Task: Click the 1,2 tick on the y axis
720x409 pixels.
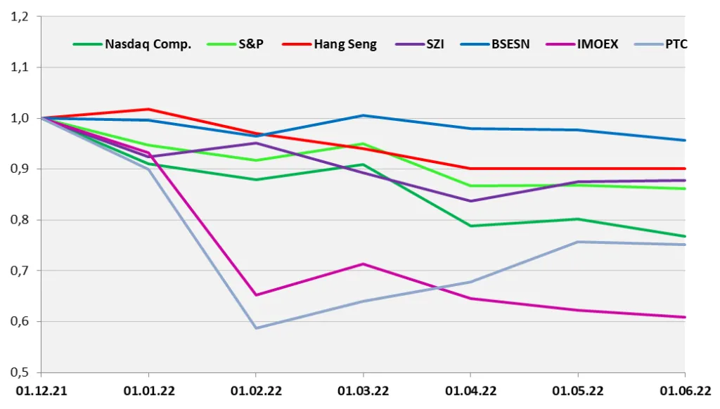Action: point(19,17)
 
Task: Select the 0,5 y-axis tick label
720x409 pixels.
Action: point(19,372)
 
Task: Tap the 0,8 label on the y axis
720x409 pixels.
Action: point(19,220)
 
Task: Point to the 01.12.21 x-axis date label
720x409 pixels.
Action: point(41,391)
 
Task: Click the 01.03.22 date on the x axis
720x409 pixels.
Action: point(364,391)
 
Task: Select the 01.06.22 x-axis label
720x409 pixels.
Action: point(686,391)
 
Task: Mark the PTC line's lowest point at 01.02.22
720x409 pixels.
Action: point(256,327)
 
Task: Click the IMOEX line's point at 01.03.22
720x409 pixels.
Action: point(364,264)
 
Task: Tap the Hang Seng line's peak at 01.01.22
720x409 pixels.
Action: point(148,109)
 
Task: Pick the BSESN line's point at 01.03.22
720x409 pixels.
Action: point(364,116)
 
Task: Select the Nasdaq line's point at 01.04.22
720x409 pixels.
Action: point(470,226)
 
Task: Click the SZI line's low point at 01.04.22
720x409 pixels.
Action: point(470,201)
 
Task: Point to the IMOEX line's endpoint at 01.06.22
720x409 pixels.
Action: point(685,317)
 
